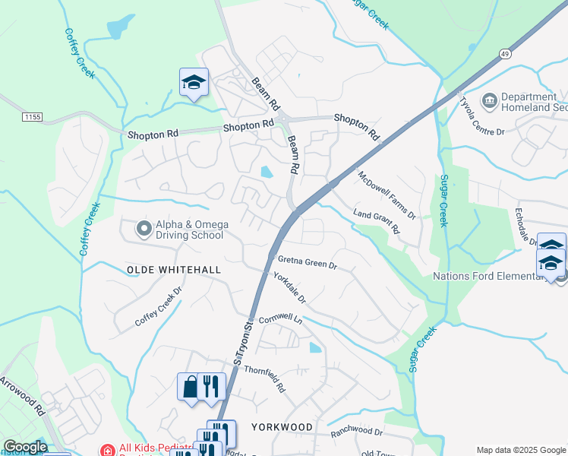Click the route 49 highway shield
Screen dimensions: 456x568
click(505, 53)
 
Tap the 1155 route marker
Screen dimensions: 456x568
click(32, 117)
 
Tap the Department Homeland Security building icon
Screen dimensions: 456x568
click(489, 100)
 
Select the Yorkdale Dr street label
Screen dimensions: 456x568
click(290, 289)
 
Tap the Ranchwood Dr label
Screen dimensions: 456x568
click(356, 432)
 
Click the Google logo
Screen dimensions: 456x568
click(25, 447)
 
